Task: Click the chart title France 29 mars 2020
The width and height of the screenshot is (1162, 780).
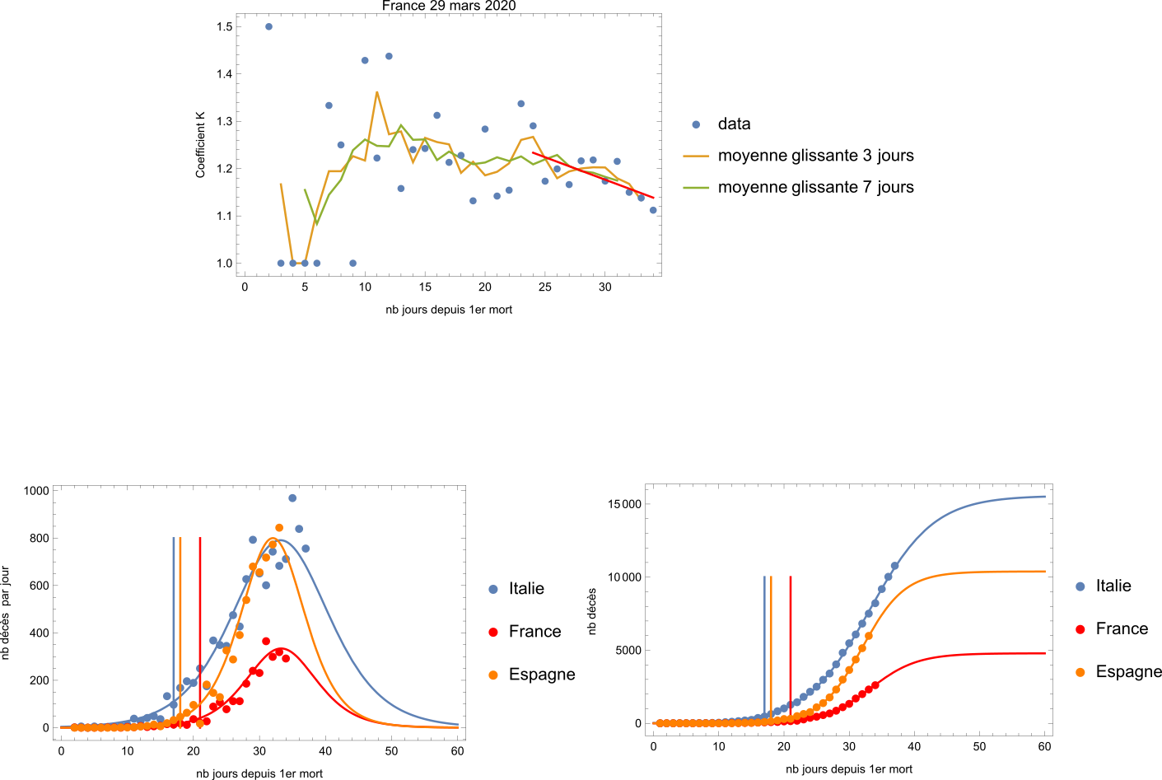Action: tap(449, 6)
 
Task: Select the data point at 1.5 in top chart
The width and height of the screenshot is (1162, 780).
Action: tap(268, 26)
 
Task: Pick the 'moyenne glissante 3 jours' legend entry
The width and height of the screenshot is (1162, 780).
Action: tap(799, 155)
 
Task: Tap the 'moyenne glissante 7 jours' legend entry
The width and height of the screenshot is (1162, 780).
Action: tap(799, 187)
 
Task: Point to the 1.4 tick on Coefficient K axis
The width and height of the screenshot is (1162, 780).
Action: tap(225, 74)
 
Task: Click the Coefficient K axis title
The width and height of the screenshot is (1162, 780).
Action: tap(200, 145)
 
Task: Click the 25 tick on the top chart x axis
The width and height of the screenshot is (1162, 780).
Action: tap(544, 287)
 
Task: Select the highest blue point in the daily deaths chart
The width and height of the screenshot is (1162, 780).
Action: tap(292, 498)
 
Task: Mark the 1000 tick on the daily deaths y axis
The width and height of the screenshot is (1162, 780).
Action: tap(36, 491)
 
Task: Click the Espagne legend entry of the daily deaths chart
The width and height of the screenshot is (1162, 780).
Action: tap(532, 674)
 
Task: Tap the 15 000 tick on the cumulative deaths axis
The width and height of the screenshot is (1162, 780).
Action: tap(624, 504)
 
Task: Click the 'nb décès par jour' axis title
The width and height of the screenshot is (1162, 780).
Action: tap(6, 613)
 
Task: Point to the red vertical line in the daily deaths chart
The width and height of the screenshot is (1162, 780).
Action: tap(200, 632)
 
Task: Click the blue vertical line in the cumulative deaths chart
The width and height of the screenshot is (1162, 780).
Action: tap(764, 649)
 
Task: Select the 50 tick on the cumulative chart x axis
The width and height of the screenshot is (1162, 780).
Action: tap(979, 746)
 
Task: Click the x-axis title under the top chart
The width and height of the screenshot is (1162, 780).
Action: tap(449, 310)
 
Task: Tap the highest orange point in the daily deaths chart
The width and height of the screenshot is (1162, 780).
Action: tap(279, 528)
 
